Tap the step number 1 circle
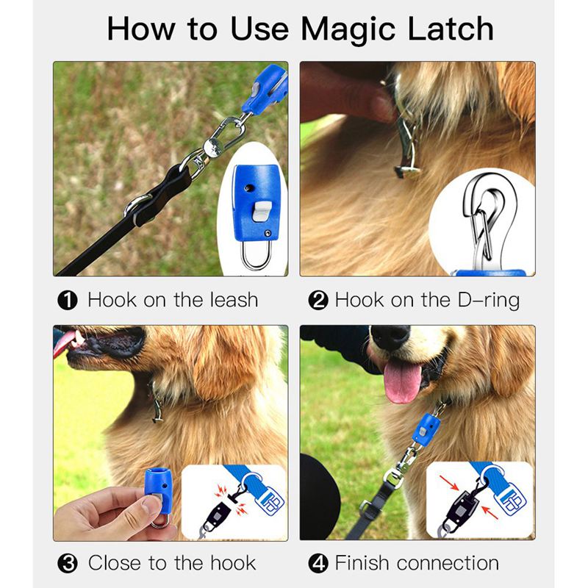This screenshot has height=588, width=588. (x=68, y=301)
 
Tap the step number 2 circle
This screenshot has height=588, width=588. (x=318, y=301)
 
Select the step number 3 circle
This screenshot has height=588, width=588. (x=68, y=564)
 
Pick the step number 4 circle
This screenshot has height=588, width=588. (x=318, y=564)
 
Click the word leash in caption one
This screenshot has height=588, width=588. (x=232, y=300)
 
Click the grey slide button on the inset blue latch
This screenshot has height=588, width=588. (x=259, y=214)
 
